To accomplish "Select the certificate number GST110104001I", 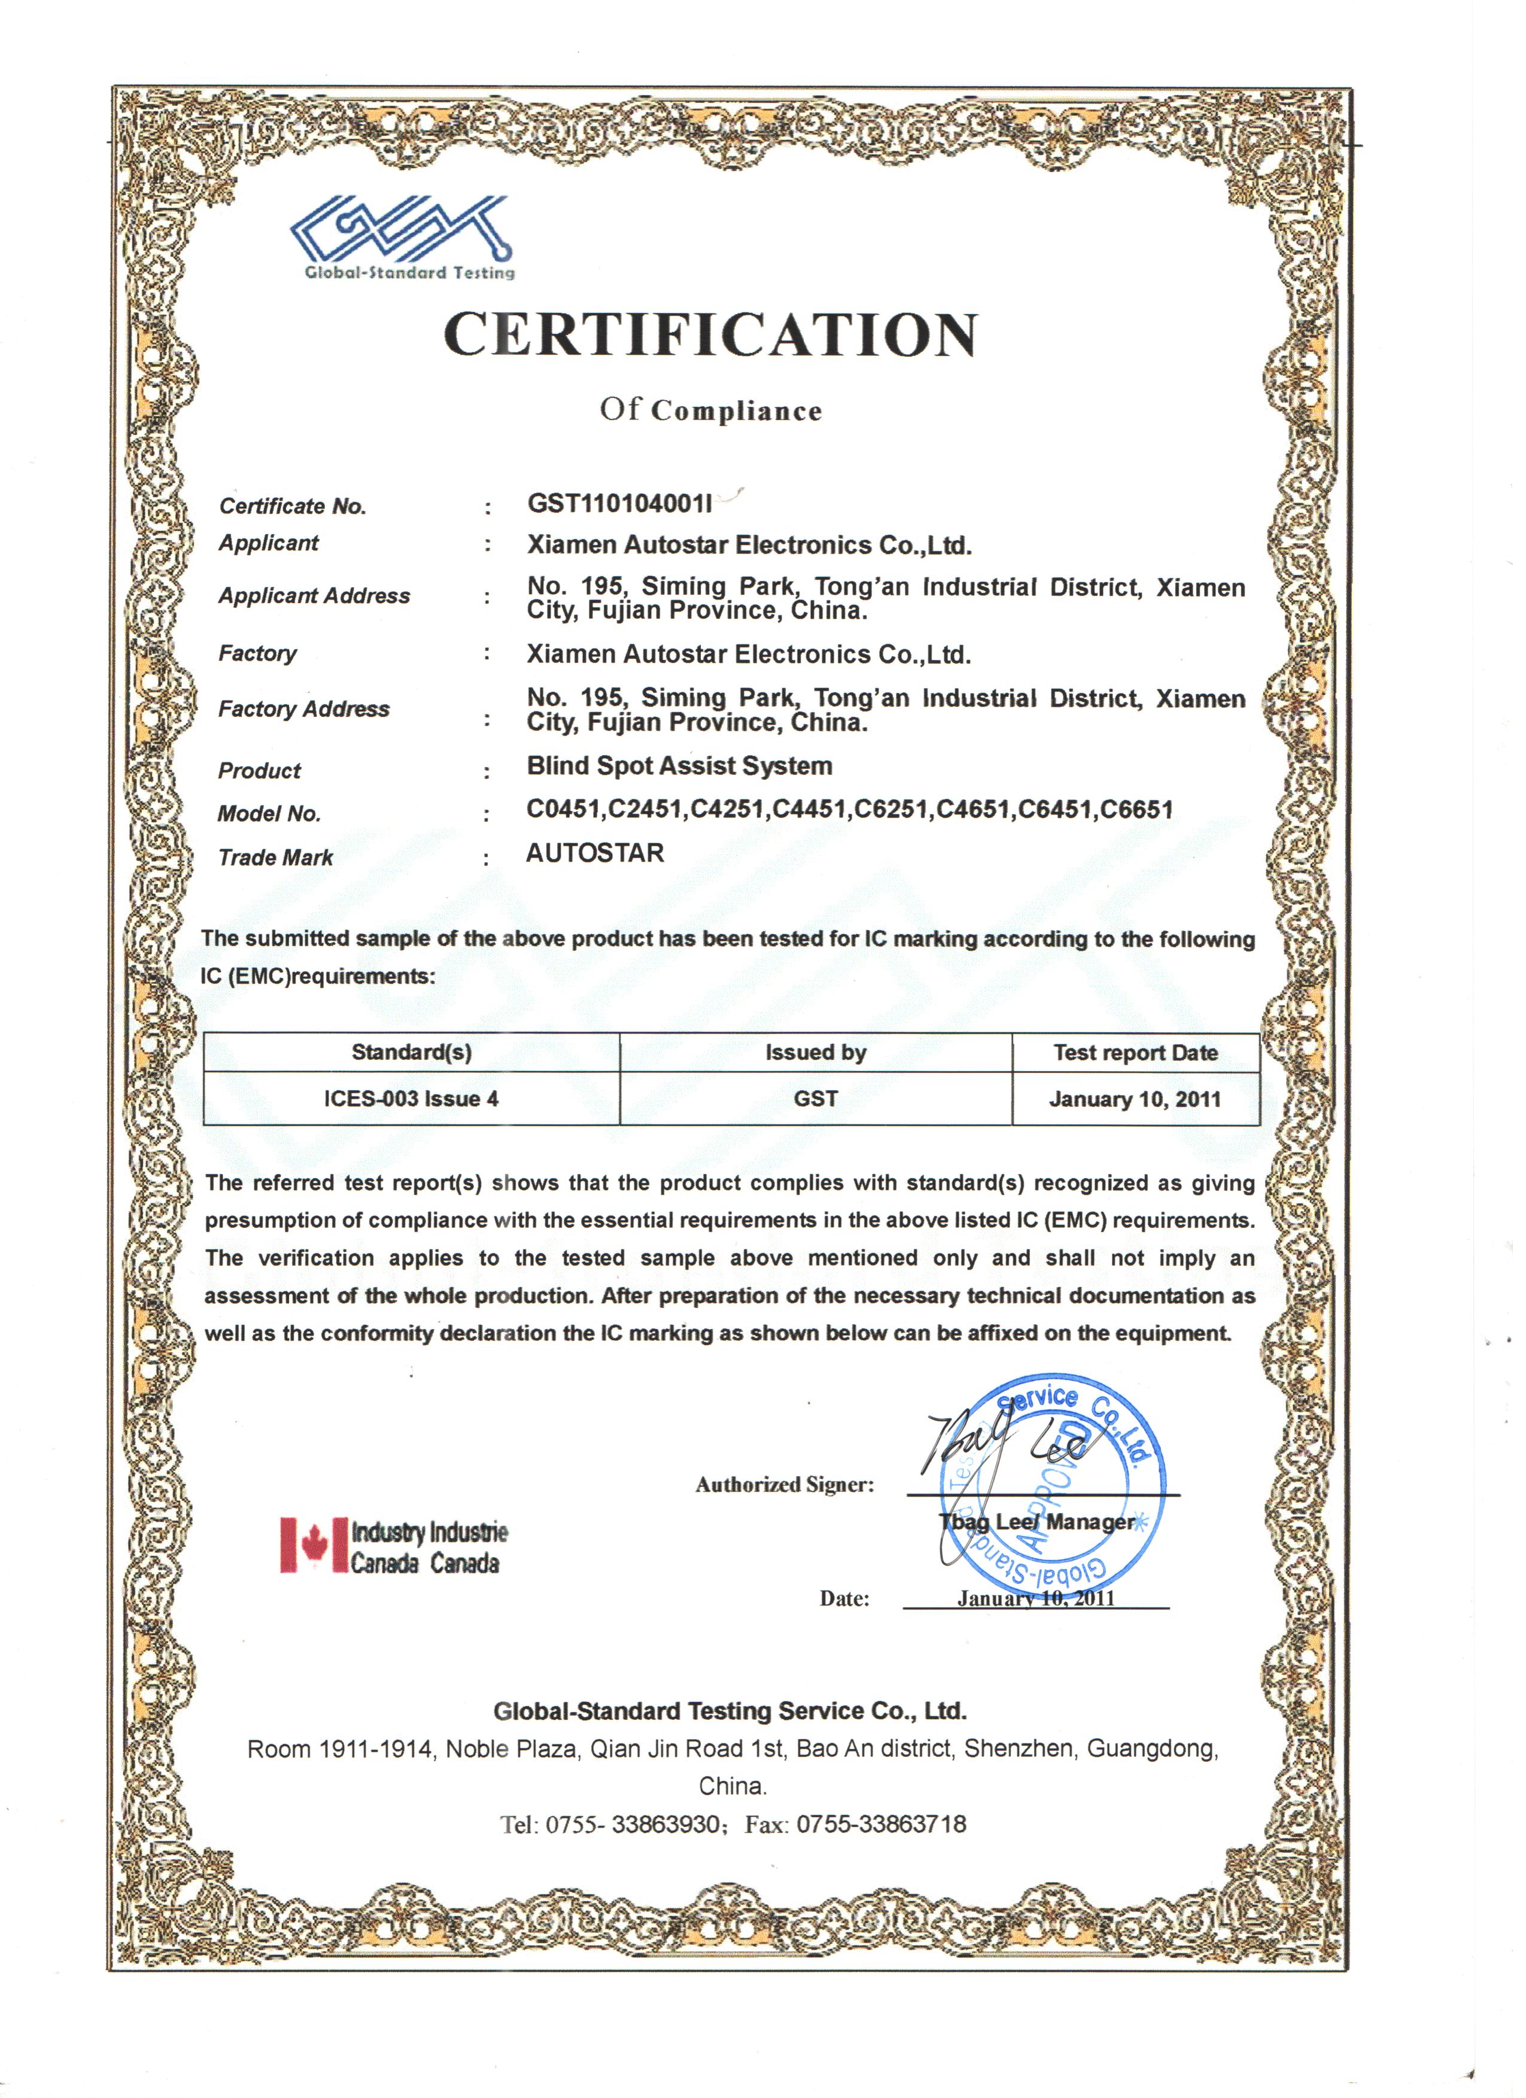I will [x=619, y=503].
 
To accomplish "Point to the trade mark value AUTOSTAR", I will [x=595, y=853].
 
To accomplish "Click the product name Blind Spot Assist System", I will [x=680, y=766].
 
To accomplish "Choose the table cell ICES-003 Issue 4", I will [x=411, y=1099].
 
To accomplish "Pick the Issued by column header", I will [x=816, y=1053].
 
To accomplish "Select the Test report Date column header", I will [x=1135, y=1053].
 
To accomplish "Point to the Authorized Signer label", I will [x=785, y=1485].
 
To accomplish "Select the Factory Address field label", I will [x=303, y=710].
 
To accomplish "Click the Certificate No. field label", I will [x=292, y=506].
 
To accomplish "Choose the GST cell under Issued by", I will [x=816, y=1099].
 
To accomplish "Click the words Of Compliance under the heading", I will [x=710, y=410].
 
